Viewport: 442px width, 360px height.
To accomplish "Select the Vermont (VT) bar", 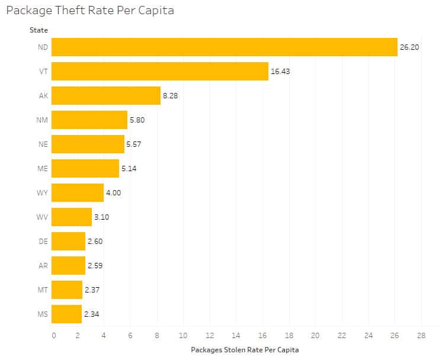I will pyautogui.click(x=160, y=71).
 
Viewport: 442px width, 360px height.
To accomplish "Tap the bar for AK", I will pyautogui.click(x=106, y=95).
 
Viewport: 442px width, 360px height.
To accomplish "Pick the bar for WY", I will pyautogui.click(x=78, y=192).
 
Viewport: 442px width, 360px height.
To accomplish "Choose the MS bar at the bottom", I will pyautogui.click(x=66, y=314).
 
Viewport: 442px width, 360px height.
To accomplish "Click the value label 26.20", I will pyautogui.click(x=409, y=47).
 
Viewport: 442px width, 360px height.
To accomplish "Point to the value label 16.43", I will pyautogui.click(x=280, y=71).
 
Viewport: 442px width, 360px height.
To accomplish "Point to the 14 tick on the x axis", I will pyautogui.click(x=236, y=336).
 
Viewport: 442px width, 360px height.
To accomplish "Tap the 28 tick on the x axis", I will pyautogui.click(x=420, y=336).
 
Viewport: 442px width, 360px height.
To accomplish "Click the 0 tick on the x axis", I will pyautogui.click(x=53, y=336).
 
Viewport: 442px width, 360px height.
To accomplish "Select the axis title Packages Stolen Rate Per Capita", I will pyautogui.click(x=245, y=350).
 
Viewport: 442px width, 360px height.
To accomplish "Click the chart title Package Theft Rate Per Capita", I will pyautogui.click(x=90, y=11).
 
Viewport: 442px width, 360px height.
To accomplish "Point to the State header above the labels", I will pyautogui.click(x=39, y=30).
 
